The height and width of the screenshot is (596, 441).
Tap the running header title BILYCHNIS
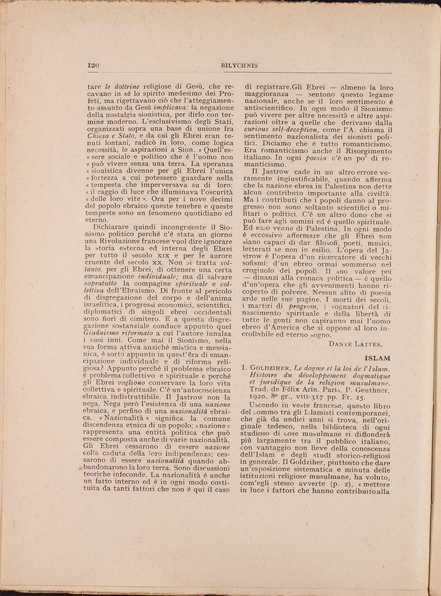point(239,65)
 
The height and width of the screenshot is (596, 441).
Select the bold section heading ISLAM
point(378,358)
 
